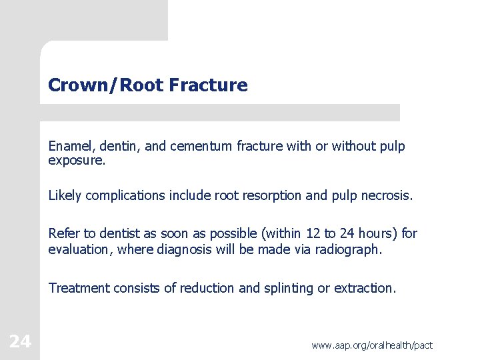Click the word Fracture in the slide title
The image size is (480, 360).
(208, 85)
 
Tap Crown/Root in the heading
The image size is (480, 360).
(106, 85)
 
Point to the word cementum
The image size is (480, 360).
(197, 146)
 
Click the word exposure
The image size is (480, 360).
(75, 161)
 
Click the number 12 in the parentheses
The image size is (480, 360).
(313, 233)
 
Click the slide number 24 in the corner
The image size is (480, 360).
(20, 341)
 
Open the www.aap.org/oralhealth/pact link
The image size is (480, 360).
(372, 345)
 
